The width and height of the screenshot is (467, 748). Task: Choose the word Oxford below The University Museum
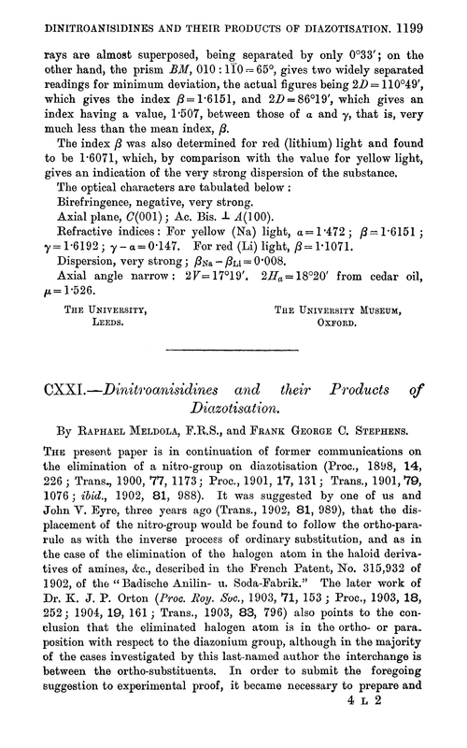click(x=333, y=318)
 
